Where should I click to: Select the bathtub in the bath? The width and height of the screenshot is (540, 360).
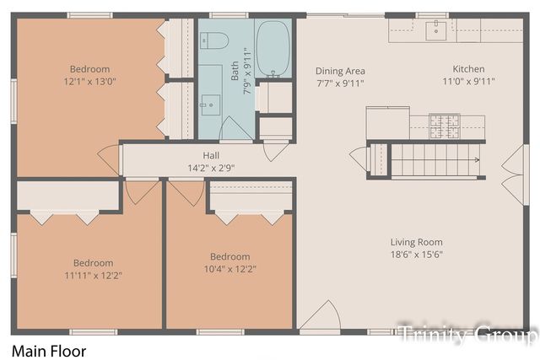[x=273, y=49]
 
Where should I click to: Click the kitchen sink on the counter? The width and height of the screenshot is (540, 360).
[x=436, y=30]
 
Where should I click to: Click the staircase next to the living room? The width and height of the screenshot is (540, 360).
[x=426, y=159]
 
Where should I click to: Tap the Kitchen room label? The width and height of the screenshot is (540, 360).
[x=468, y=69]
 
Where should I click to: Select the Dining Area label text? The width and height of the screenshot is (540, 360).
[x=340, y=71]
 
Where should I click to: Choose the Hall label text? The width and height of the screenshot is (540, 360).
[x=211, y=155]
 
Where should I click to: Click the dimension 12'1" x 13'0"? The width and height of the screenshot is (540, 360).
[x=89, y=82]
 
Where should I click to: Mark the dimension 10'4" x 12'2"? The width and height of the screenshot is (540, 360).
[x=229, y=269]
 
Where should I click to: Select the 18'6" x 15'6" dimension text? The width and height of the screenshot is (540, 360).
[x=418, y=254]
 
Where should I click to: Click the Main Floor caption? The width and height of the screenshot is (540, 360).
[x=48, y=349]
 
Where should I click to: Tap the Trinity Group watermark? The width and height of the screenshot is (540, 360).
[x=467, y=334]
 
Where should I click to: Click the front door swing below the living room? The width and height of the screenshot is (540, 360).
[x=319, y=316]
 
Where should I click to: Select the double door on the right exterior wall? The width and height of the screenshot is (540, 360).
[x=513, y=175]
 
